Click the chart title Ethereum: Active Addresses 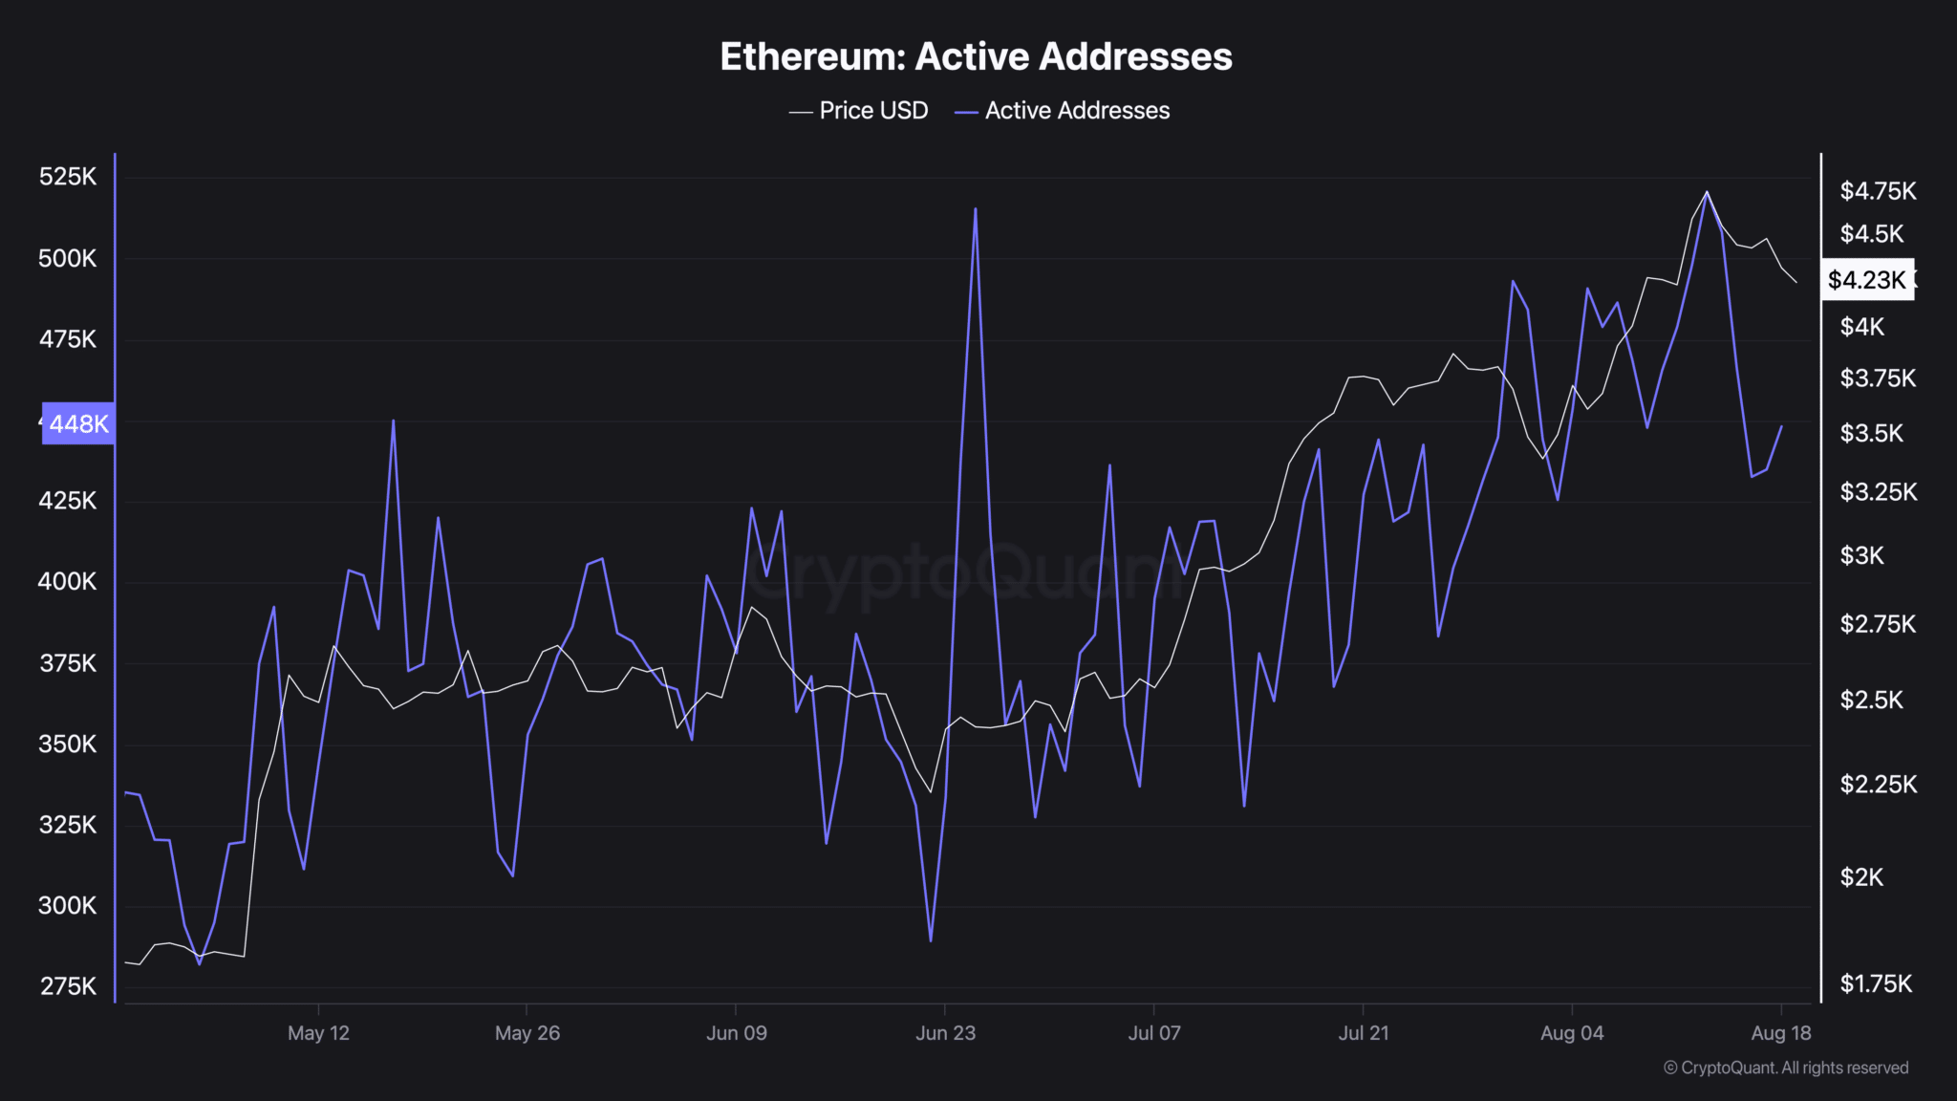[976, 56]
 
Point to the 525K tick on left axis [68, 177]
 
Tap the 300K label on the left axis [68, 905]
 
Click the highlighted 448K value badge [78, 423]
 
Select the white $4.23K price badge [1866, 280]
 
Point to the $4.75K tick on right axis [1878, 191]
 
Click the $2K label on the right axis [1861, 877]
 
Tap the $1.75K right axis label [1876, 984]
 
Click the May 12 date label [318, 1033]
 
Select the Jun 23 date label [945, 1033]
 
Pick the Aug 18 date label [1780, 1033]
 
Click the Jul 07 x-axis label [1153, 1033]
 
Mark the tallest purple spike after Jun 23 [975, 209]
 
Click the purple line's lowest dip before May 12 [199, 963]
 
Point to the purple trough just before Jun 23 [930, 940]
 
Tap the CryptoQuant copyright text [1786, 1068]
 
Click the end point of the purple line [1781, 426]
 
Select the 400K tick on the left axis [68, 581]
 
